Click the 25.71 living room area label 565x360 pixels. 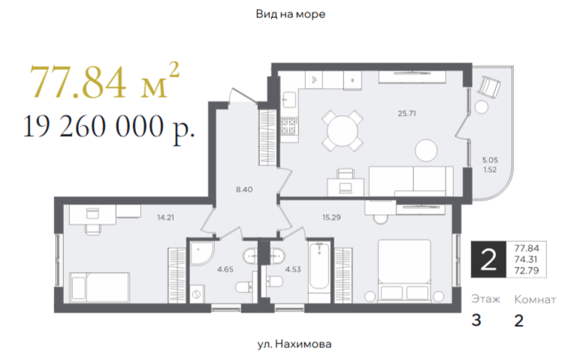(x=406, y=113)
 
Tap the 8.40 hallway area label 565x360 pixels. (x=244, y=189)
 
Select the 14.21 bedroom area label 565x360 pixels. (x=166, y=217)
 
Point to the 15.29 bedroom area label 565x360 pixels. (x=331, y=217)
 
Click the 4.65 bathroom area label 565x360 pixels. (x=225, y=269)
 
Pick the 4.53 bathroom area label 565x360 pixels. (x=293, y=269)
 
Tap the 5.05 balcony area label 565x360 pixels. (x=490, y=160)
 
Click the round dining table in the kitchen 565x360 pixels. (x=343, y=131)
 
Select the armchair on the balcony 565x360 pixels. (x=489, y=86)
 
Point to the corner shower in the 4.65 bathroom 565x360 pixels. (x=202, y=253)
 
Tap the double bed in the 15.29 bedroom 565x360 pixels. (x=404, y=271)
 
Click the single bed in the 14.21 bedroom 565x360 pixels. (x=100, y=287)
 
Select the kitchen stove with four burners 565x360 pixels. (x=289, y=126)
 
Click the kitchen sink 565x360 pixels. (x=289, y=100)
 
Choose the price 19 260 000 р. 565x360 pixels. (x=109, y=127)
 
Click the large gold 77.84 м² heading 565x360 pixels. (x=104, y=81)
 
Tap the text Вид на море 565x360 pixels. (x=291, y=14)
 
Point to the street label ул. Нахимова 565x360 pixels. (x=295, y=344)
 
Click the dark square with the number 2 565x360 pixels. (x=488, y=259)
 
